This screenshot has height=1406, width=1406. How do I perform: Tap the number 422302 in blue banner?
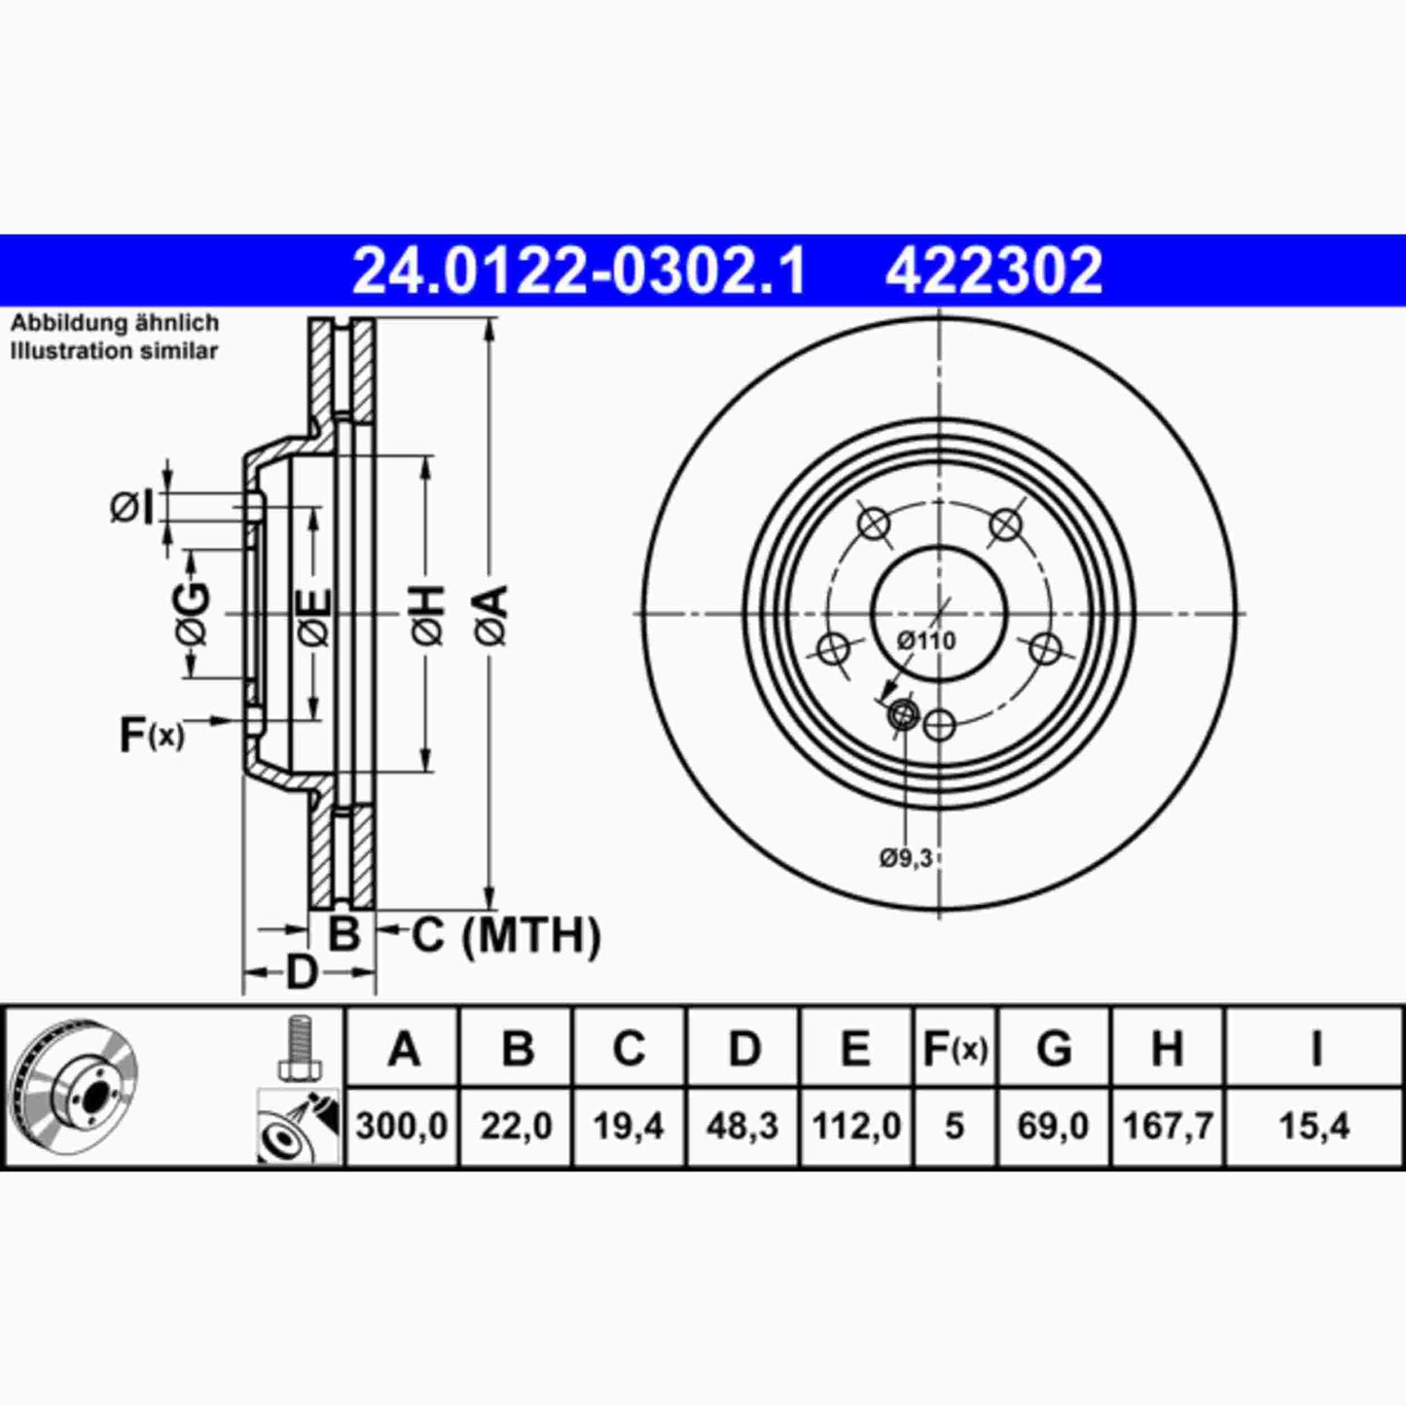coord(993,270)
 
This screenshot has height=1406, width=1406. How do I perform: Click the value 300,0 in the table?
coord(401,1127)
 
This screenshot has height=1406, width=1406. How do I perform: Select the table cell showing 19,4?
coord(629,1127)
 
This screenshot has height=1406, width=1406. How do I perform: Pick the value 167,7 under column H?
coord(1168,1127)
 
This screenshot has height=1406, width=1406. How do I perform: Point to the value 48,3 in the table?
coord(743,1127)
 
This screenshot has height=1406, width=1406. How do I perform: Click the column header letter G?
coord(1054,1049)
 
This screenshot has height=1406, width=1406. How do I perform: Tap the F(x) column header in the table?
coord(955,1049)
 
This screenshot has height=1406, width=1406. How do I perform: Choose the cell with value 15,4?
coord(1314,1127)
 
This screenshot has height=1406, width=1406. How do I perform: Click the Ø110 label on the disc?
coord(925,640)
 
